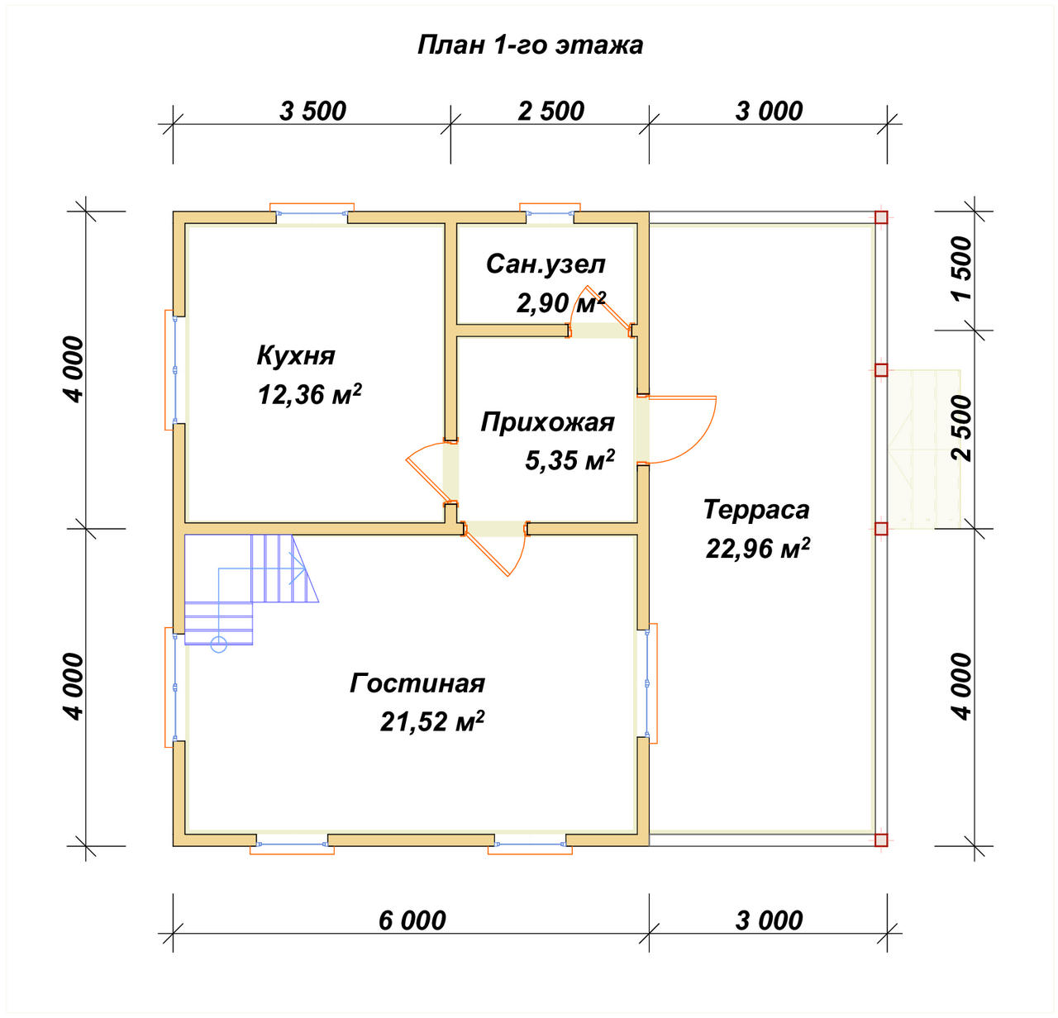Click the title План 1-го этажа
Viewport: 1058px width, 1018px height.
pyautogui.click(x=530, y=45)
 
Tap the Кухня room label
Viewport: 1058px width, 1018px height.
pyautogui.click(x=296, y=356)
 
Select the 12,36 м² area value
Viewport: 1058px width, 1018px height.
pyautogui.click(x=309, y=394)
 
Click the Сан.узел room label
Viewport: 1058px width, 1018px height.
pyautogui.click(x=546, y=264)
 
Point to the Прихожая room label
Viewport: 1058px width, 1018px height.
pyautogui.click(x=547, y=423)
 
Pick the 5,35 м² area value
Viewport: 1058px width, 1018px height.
pyautogui.click(x=570, y=459)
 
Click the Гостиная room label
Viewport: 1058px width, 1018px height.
pyautogui.click(x=417, y=683)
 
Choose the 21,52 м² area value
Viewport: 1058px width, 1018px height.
pyautogui.click(x=431, y=721)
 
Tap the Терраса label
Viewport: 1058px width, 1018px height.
pyautogui.click(x=756, y=510)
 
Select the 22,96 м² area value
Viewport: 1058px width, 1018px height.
pyautogui.click(x=758, y=548)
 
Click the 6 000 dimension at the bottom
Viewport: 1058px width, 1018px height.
pyautogui.click(x=412, y=920)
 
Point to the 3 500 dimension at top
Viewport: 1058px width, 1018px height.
pyautogui.click(x=312, y=112)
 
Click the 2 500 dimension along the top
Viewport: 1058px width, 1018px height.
pyautogui.click(x=550, y=112)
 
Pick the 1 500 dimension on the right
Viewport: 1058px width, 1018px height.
pyautogui.click(x=962, y=268)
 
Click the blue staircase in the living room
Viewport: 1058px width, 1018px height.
pyautogui.click(x=251, y=592)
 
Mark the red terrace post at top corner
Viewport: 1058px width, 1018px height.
pyautogui.click(x=881, y=217)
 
